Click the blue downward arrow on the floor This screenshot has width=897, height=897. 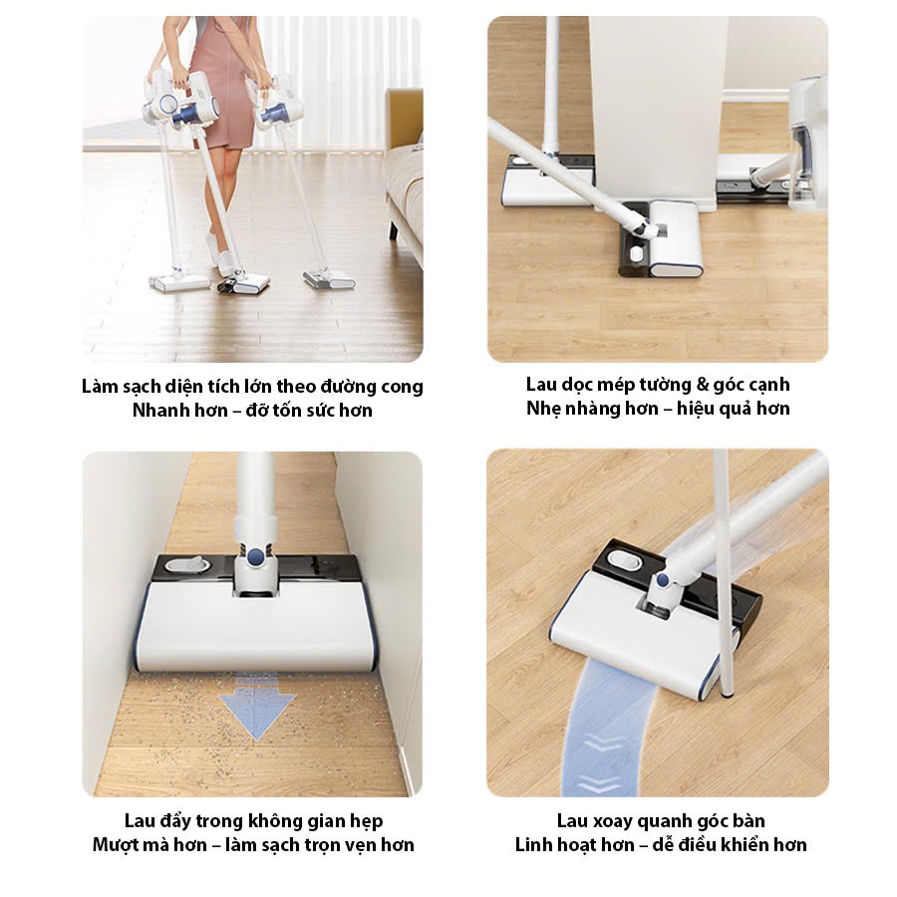(x=257, y=708)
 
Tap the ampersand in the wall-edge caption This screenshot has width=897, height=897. (x=702, y=385)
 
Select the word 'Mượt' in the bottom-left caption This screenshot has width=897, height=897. (x=112, y=845)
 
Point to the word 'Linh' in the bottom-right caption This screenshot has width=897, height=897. (x=533, y=844)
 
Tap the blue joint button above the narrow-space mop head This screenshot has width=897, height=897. (x=258, y=553)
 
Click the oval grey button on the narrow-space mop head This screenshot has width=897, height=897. (x=185, y=565)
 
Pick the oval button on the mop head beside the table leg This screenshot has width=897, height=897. (x=626, y=559)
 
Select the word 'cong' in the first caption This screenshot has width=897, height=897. (x=402, y=388)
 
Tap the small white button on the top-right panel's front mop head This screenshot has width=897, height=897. (x=635, y=253)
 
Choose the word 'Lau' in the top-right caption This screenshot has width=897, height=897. (x=540, y=385)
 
